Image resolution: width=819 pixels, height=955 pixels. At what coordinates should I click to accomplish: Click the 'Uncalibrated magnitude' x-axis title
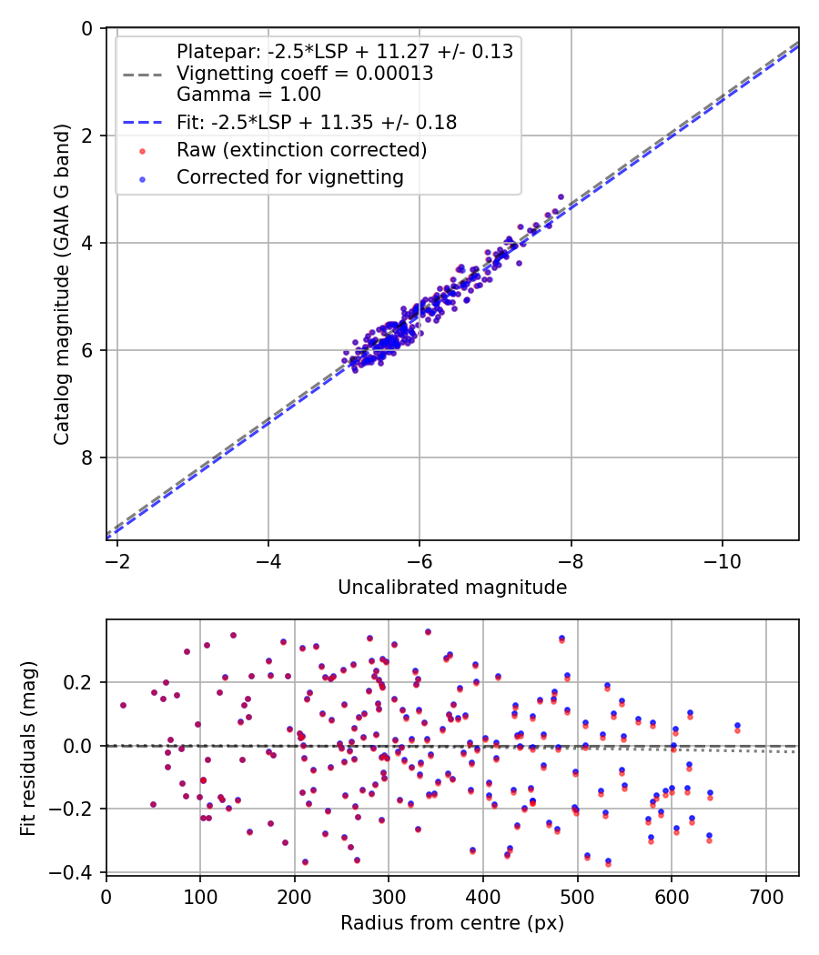[452, 588]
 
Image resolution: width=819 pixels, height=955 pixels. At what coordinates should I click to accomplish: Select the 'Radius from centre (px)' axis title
[452, 923]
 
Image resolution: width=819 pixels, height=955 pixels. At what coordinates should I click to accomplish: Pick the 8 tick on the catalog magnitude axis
[87, 457]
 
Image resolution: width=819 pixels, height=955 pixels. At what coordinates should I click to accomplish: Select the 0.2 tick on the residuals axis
[82, 682]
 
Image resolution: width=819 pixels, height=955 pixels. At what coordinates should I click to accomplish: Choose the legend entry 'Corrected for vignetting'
[290, 177]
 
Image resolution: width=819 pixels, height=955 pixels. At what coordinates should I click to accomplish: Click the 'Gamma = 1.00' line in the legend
[248, 94]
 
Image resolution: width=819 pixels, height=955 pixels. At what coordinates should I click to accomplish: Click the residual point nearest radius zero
[123, 705]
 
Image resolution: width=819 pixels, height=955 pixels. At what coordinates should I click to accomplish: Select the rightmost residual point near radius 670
[737, 726]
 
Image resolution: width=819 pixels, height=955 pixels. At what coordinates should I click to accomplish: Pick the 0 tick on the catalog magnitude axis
[87, 28]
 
